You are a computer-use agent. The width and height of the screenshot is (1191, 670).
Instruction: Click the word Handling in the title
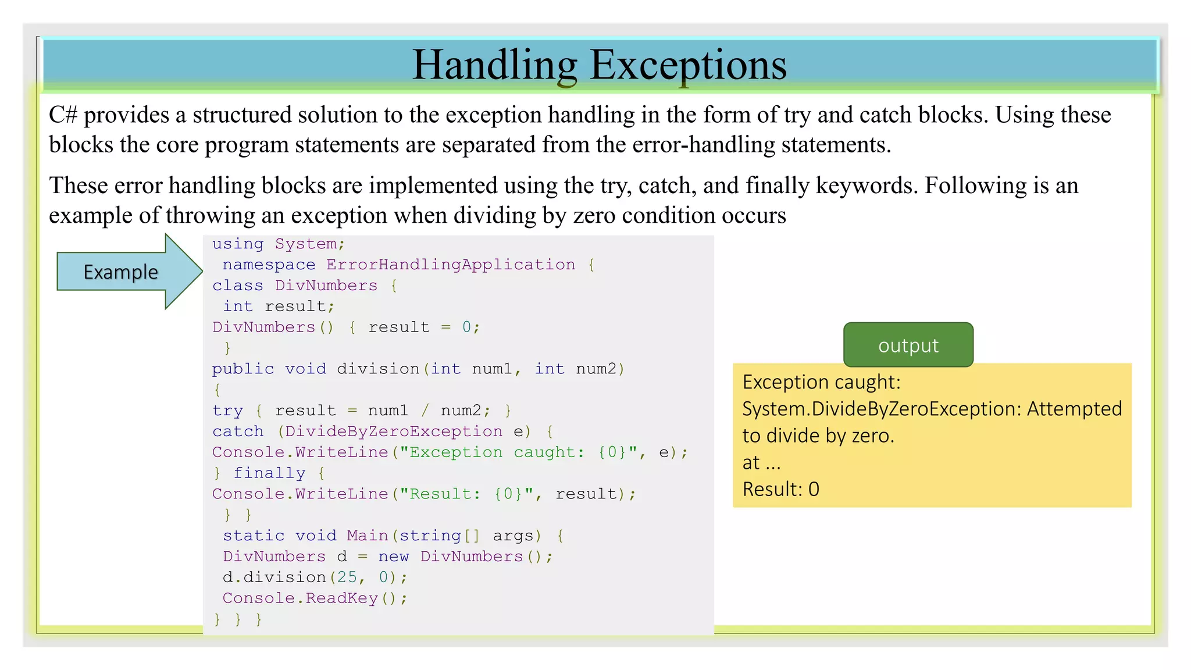tap(495, 65)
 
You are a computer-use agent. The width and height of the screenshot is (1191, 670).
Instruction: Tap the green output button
tap(908, 345)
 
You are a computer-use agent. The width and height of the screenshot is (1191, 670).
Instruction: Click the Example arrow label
tap(121, 272)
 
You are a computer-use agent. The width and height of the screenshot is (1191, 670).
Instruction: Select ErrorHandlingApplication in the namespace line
tap(451, 265)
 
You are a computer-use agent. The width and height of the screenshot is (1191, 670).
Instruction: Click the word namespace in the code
tap(269, 265)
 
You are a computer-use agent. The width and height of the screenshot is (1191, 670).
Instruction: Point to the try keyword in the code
tap(227, 411)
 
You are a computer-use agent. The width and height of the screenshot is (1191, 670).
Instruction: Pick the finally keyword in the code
tap(269, 473)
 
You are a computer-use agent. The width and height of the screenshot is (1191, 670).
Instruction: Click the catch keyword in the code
tap(238, 432)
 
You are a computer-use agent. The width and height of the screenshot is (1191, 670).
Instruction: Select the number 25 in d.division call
tap(347, 578)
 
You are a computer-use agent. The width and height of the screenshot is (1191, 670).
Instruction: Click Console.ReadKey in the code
tap(300, 598)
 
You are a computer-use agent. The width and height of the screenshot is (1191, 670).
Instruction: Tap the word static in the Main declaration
tap(254, 536)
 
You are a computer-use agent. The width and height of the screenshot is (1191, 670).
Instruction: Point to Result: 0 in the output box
tap(780, 489)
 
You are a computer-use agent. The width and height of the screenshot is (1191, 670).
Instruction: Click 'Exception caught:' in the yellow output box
tap(821, 382)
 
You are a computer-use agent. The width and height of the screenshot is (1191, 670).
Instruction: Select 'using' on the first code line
tap(237, 244)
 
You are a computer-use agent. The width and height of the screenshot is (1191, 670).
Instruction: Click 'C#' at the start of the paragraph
tap(63, 115)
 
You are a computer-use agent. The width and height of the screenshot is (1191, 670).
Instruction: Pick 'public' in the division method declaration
tap(243, 369)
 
